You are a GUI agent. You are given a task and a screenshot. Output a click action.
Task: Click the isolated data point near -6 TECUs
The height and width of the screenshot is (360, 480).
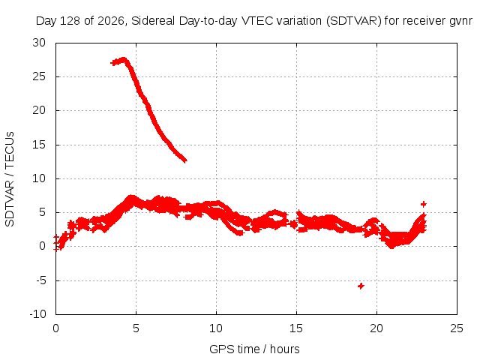click(361, 286)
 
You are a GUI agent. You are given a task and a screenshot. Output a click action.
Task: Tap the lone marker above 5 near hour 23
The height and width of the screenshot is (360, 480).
click(423, 204)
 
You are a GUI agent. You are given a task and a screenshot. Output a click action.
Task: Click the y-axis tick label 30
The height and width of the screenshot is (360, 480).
click(39, 43)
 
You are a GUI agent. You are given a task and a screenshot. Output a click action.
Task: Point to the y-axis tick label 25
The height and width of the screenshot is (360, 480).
click(39, 76)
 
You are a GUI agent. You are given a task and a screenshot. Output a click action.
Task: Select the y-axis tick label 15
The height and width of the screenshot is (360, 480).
click(39, 145)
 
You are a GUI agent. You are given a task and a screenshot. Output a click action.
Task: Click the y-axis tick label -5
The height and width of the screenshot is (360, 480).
click(40, 280)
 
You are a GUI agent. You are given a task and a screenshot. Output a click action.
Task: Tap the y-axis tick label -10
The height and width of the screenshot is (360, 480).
click(37, 314)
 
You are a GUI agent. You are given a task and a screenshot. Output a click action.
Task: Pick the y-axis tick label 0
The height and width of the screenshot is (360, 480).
click(42, 246)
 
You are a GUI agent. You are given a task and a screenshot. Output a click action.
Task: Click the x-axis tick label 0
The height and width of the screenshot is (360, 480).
click(55, 328)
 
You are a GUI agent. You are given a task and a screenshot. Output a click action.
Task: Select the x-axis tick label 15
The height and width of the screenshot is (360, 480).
click(296, 328)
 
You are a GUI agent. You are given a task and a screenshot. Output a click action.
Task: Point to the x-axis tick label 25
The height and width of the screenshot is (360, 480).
click(457, 328)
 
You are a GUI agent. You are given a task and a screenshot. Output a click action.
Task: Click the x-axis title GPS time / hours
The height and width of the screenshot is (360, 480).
click(254, 349)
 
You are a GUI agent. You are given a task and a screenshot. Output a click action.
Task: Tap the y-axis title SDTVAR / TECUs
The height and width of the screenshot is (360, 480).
click(10, 179)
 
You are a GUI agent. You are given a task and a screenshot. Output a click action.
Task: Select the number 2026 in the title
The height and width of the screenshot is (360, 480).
click(110, 21)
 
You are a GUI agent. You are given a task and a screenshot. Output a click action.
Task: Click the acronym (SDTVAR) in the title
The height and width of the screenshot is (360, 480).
click(354, 21)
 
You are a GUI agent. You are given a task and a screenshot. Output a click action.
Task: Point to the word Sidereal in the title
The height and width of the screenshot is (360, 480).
click(153, 21)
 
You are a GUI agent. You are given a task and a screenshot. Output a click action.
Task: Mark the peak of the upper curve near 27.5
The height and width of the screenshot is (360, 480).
click(123, 58)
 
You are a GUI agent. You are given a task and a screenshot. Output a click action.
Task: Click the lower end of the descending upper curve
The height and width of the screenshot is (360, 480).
click(184, 160)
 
